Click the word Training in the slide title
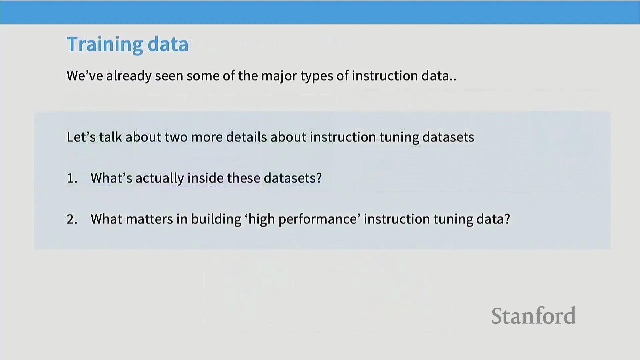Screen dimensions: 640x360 (105, 45)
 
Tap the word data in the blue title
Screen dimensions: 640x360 (168, 44)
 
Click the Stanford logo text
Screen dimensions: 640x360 (533, 316)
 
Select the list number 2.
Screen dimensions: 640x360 (72, 219)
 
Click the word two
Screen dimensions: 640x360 (176, 137)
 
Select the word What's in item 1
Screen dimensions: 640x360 (111, 178)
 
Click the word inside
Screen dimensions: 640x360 (205, 178)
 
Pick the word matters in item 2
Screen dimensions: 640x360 (150, 219)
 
